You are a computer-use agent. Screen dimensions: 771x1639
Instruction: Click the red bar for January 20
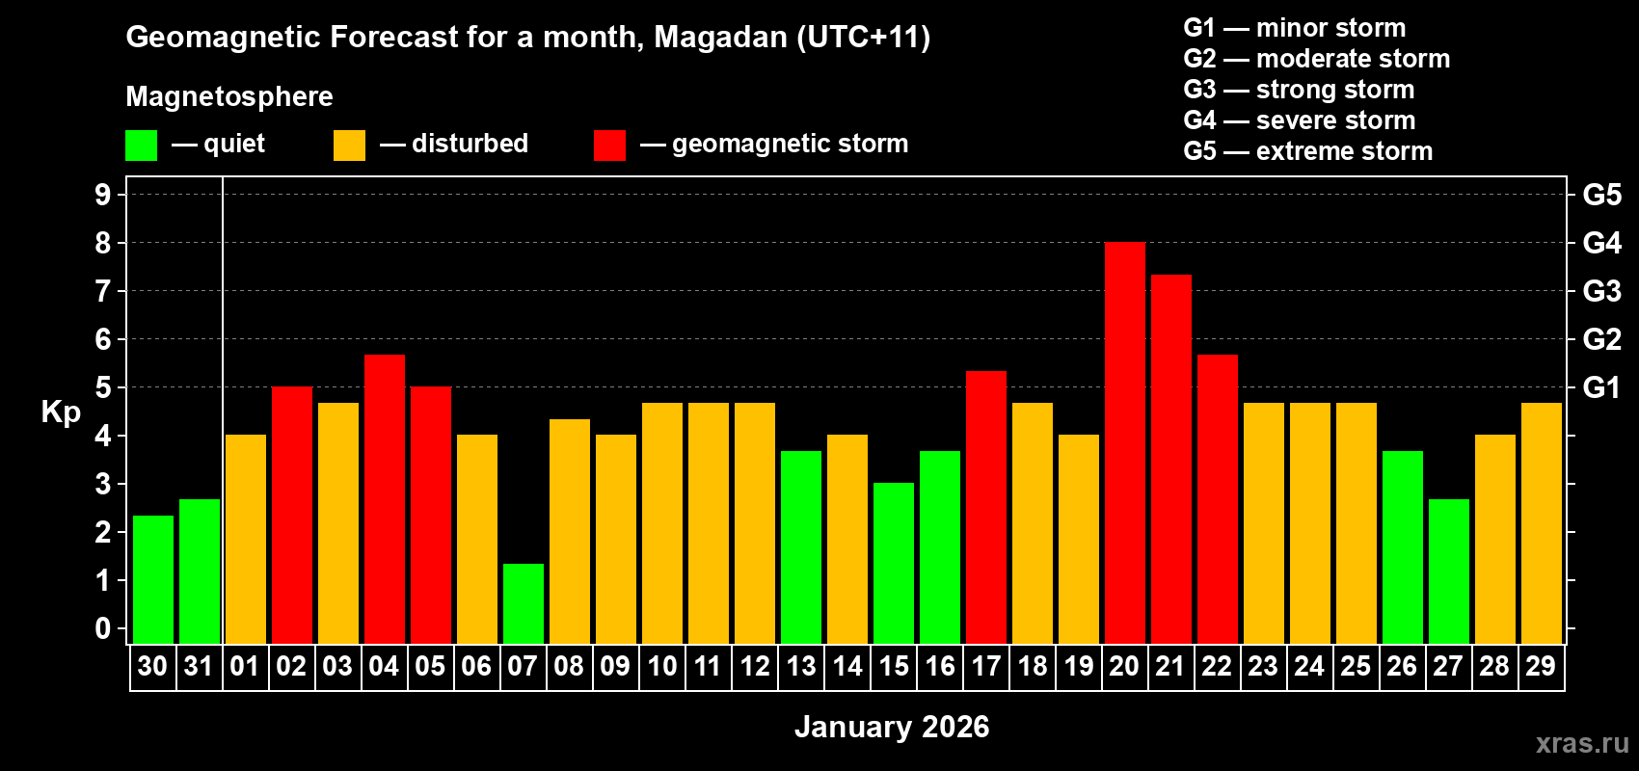[x=1124, y=443]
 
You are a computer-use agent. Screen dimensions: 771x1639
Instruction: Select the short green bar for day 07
[x=524, y=604]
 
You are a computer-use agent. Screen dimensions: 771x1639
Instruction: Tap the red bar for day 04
[x=384, y=499]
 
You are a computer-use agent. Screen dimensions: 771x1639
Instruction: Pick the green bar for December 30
[x=153, y=580]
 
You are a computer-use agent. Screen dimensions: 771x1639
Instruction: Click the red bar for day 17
[x=985, y=508]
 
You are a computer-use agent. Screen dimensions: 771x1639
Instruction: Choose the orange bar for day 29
[x=1541, y=523]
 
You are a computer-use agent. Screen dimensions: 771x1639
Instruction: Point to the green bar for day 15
[x=894, y=564]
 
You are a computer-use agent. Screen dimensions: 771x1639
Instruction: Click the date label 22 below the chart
[x=1217, y=667]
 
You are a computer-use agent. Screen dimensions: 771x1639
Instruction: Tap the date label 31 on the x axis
[x=199, y=667]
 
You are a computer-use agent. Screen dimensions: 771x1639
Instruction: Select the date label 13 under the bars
[x=801, y=667]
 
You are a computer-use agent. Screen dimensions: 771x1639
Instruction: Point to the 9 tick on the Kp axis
[x=103, y=195]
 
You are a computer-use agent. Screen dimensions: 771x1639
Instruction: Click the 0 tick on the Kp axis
[x=103, y=629]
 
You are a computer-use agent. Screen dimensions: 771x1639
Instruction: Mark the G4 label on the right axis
[x=1601, y=243]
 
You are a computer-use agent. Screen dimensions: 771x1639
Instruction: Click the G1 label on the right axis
[x=1601, y=387]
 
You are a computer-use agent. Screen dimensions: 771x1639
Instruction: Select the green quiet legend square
[x=142, y=146]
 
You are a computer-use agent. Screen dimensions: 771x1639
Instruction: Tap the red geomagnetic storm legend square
[x=609, y=146]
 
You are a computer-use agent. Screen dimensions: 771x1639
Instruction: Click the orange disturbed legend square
[x=349, y=146]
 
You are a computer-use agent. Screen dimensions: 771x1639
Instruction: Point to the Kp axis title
[x=61, y=412]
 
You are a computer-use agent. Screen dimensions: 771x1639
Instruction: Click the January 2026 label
[x=892, y=727]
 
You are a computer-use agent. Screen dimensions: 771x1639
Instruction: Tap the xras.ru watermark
[x=1581, y=743]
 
